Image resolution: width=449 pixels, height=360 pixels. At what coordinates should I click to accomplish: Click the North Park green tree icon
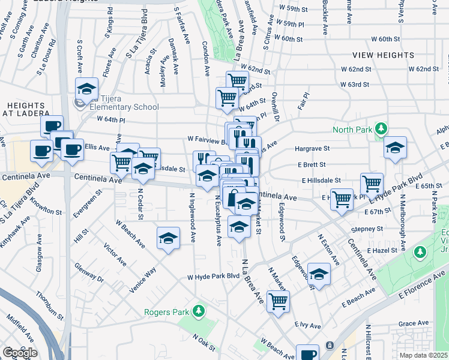379,129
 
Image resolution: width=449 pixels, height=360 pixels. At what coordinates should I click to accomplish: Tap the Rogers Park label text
166,312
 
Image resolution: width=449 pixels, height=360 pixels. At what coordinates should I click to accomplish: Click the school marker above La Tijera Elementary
86,89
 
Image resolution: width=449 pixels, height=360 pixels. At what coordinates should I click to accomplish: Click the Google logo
20,353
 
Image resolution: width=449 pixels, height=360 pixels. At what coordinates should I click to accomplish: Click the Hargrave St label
312,148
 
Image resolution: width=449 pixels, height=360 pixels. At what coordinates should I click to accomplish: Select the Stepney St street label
367,229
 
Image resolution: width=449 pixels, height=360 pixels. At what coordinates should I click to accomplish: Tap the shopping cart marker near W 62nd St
238,80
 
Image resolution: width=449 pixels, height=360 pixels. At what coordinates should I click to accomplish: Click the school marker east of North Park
396,148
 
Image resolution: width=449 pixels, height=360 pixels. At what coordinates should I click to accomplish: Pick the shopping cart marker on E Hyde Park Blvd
372,184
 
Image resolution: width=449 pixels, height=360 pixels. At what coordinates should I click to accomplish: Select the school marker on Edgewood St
319,274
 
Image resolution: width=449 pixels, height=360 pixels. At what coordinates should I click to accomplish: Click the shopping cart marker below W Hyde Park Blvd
278,302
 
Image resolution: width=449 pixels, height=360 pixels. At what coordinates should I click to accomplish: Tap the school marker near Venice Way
169,239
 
